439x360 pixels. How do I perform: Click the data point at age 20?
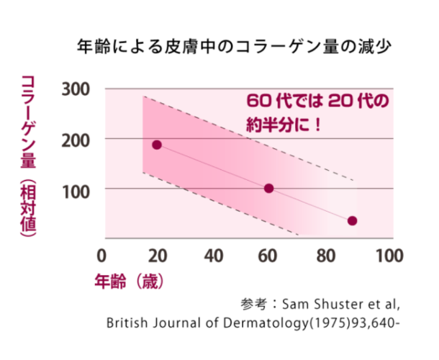tap(157, 145)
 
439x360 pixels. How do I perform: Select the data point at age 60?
tap(269, 189)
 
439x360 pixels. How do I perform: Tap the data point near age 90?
tap(352, 221)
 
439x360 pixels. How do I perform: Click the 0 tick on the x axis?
tap(101, 256)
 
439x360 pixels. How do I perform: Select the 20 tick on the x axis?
tap(158, 256)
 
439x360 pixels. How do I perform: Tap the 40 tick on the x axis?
tap(214, 256)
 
